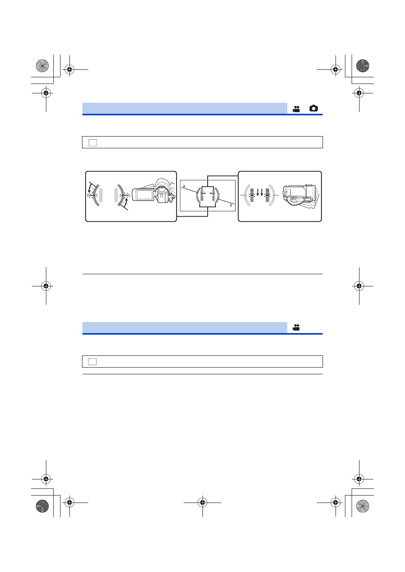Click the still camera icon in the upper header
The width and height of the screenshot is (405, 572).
click(x=313, y=108)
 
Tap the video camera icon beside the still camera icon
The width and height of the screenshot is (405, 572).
click(x=296, y=109)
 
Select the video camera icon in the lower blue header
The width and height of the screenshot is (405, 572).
click(x=296, y=327)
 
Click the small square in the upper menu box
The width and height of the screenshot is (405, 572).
click(x=93, y=142)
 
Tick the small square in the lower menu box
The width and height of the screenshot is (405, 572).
click(x=93, y=361)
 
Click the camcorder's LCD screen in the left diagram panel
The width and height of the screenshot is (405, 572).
click(x=144, y=194)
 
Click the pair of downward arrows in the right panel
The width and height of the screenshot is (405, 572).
click(x=259, y=193)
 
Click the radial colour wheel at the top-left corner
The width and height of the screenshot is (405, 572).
click(x=42, y=66)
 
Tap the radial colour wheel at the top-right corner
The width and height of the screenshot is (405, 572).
click(x=363, y=66)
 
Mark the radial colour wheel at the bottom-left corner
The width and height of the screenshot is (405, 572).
click(x=42, y=506)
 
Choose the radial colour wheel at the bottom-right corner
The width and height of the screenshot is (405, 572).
click(x=363, y=506)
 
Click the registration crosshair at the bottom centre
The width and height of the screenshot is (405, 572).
click(x=202, y=502)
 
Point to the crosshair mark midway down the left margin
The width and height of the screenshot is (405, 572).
click(x=46, y=286)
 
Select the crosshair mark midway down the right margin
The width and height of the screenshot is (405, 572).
click(x=359, y=286)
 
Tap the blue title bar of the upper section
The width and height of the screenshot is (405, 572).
click(x=184, y=108)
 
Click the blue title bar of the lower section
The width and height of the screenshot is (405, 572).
click(x=184, y=327)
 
